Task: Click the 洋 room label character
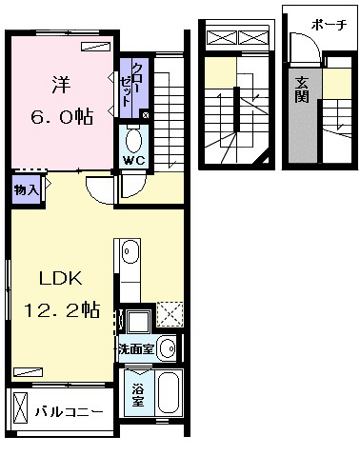[x=58, y=83]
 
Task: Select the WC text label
[x=131, y=159]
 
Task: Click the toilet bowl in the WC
[x=132, y=138]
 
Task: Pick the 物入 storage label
[x=26, y=189]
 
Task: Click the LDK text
[x=62, y=280]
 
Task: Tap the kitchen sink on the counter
[x=130, y=252]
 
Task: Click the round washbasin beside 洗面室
[x=167, y=347]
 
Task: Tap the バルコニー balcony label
[x=70, y=412]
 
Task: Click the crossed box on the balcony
[x=20, y=411]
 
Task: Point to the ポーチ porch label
[x=329, y=22]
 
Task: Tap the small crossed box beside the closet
[x=145, y=115]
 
